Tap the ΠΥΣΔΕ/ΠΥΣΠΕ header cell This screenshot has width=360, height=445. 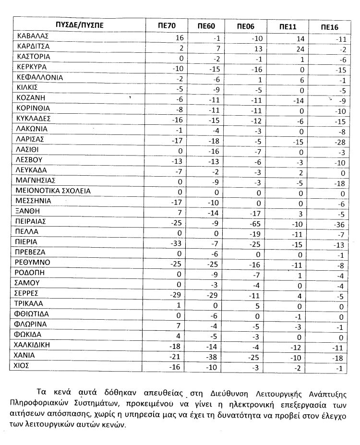click(79, 24)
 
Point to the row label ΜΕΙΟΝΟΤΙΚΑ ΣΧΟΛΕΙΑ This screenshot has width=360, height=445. click(53, 191)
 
